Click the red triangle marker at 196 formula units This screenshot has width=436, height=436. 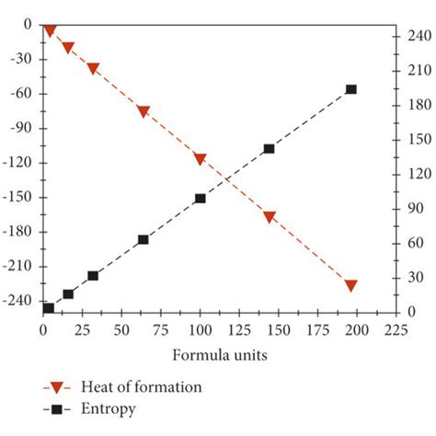[x=350, y=286]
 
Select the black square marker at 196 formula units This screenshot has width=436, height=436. [x=350, y=89]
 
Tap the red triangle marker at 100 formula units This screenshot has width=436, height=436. [x=201, y=159]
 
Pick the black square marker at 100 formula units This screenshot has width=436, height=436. [x=201, y=198]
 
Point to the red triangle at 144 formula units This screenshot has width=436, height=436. [x=270, y=218]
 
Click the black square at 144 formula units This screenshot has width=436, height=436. [x=270, y=148]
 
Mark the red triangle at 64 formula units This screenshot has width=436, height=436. [x=143, y=111]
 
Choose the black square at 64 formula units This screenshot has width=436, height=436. [x=143, y=239]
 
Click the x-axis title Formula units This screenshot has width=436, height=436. [x=220, y=354]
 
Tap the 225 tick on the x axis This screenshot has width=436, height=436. [x=396, y=328]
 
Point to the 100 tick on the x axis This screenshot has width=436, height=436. [x=201, y=328]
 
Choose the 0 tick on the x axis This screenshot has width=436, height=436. [x=43, y=328]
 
